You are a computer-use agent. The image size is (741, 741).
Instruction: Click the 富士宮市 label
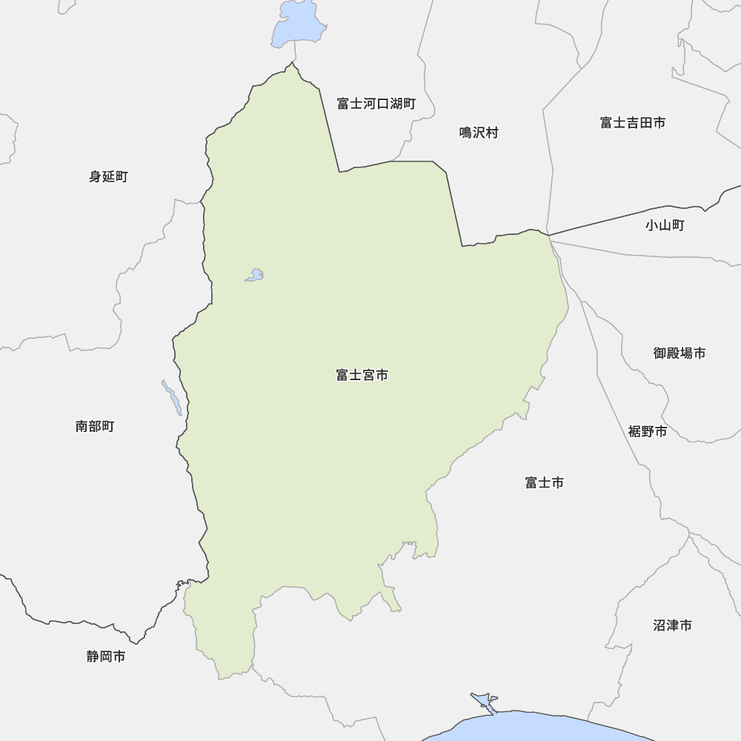[362, 376]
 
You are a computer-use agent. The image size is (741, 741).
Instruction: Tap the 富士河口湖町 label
[376, 104]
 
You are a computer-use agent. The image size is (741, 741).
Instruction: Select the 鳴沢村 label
[479, 133]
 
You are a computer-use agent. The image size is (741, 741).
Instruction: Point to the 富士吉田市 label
[632, 122]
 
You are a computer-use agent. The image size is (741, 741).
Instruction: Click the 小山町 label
[664, 225]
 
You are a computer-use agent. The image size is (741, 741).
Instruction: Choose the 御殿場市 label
[679, 353]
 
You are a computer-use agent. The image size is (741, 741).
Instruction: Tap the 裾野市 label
[647, 431]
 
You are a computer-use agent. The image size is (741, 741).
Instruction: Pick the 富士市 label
[544, 482]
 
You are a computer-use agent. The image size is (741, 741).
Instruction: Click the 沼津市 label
[672, 625]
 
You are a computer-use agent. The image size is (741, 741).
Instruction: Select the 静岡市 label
[105, 656]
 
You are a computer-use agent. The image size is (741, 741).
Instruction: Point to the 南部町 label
[95, 426]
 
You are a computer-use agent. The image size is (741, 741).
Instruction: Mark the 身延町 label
[108, 176]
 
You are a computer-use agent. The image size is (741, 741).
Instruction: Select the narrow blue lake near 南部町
[172, 398]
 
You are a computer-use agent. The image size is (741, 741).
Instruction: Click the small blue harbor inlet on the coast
[483, 702]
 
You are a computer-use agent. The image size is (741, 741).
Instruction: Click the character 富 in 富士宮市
[342, 376]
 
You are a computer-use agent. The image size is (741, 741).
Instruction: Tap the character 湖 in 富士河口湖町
[394, 104]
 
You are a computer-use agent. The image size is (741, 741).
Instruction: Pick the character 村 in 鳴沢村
[492, 133]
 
